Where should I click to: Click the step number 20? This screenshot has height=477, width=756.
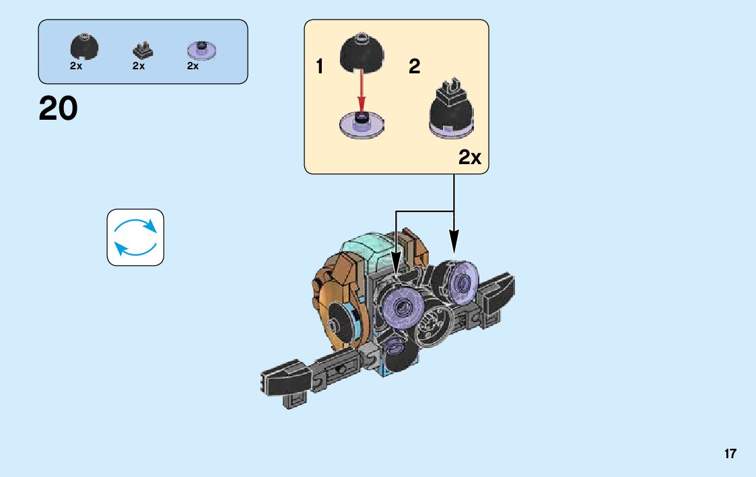pyautogui.click(x=59, y=108)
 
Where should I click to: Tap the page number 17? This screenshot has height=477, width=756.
pyautogui.click(x=730, y=454)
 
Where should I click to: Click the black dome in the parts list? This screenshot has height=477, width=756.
pyautogui.click(x=85, y=46)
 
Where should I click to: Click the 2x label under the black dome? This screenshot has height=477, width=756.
pyautogui.click(x=75, y=66)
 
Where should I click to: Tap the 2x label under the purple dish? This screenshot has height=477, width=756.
pyautogui.click(x=193, y=66)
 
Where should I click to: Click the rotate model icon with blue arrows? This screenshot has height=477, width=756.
pyautogui.click(x=135, y=237)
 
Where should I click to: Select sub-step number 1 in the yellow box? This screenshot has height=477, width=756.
pyautogui.click(x=320, y=67)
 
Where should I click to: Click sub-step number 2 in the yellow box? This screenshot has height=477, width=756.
pyautogui.click(x=415, y=67)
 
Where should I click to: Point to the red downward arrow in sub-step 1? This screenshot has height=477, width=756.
pyautogui.click(x=362, y=91)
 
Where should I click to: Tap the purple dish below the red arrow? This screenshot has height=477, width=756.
pyautogui.click(x=362, y=124)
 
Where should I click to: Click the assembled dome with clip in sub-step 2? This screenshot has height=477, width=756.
pyautogui.click(x=452, y=109)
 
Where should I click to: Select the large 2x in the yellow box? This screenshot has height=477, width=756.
pyautogui.click(x=470, y=157)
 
